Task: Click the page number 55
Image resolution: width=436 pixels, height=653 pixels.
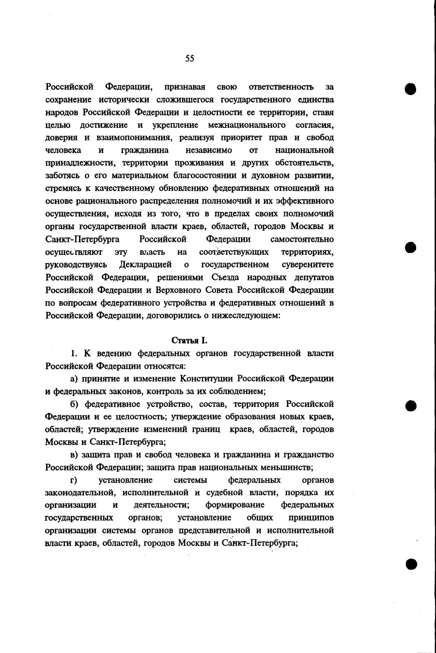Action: (x=189, y=59)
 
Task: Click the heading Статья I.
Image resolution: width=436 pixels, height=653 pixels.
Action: (x=189, y=341)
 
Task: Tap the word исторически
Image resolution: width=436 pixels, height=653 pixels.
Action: (x=122, y=100)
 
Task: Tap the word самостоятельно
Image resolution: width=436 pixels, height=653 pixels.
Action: (x=302, y=239)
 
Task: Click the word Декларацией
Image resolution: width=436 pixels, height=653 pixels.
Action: (x=145, y=264)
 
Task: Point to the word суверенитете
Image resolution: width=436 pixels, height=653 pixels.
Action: (x=308, y=264)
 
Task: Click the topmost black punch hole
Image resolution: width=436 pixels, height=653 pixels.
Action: (x=411, y=89)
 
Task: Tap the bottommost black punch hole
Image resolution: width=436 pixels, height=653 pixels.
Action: (x=411, y=563)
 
